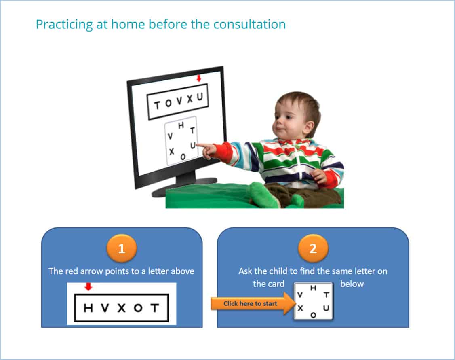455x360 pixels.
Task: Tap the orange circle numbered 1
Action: (x=122, y=248)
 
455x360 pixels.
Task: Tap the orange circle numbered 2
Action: (x=313, y=248)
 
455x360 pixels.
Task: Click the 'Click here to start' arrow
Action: (x=253, y=304)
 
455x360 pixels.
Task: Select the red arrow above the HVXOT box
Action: (x=88, y=287)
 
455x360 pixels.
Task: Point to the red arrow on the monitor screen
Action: (x=199, y=78)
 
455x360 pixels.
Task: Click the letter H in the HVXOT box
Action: (x=88, y=308)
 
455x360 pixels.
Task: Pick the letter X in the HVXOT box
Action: (x=122, y=308)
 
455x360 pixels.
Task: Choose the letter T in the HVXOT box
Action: (x=155, y=308)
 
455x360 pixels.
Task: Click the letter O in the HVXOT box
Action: (x=138, y=308)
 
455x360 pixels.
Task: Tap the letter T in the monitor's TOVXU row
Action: (x=157, y=105)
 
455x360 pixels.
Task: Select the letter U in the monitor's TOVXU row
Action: (x=200, y=97)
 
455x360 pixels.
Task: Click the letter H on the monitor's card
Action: (x=181, y=125)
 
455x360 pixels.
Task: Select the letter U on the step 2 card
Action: (x=326, y=308)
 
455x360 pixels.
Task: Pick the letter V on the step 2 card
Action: (x=300, y=295)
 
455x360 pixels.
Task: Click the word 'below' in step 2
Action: (x=352, y=284)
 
